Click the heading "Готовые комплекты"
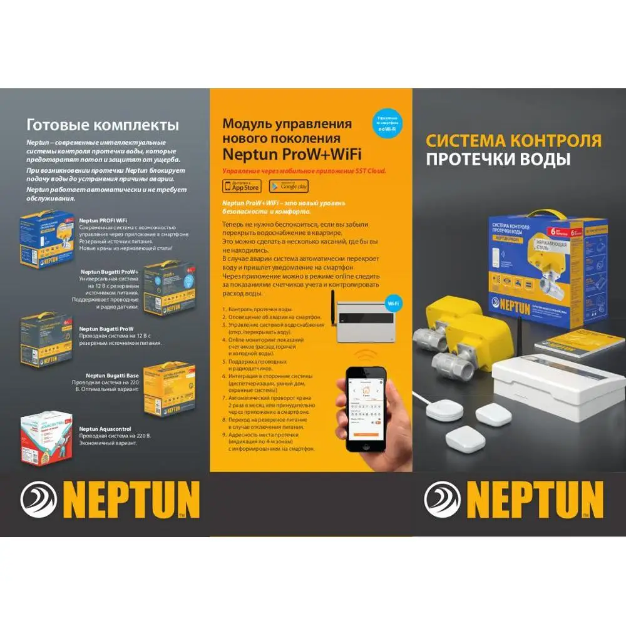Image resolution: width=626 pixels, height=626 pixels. coord(102,125)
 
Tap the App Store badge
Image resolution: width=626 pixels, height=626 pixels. coord(242,186)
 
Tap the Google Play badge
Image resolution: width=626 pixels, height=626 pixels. coord(289,186)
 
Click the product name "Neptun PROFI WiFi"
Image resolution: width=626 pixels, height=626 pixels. coord(103,220)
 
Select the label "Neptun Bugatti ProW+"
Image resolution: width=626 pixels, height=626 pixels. coord(110,272)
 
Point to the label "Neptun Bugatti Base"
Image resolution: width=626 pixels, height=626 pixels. coord(113,375)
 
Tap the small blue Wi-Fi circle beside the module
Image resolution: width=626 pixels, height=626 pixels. coord(394,304)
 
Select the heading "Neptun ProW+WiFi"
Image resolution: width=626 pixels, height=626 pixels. coord(292,154)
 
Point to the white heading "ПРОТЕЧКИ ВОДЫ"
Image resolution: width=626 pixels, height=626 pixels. coord(498,160)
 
